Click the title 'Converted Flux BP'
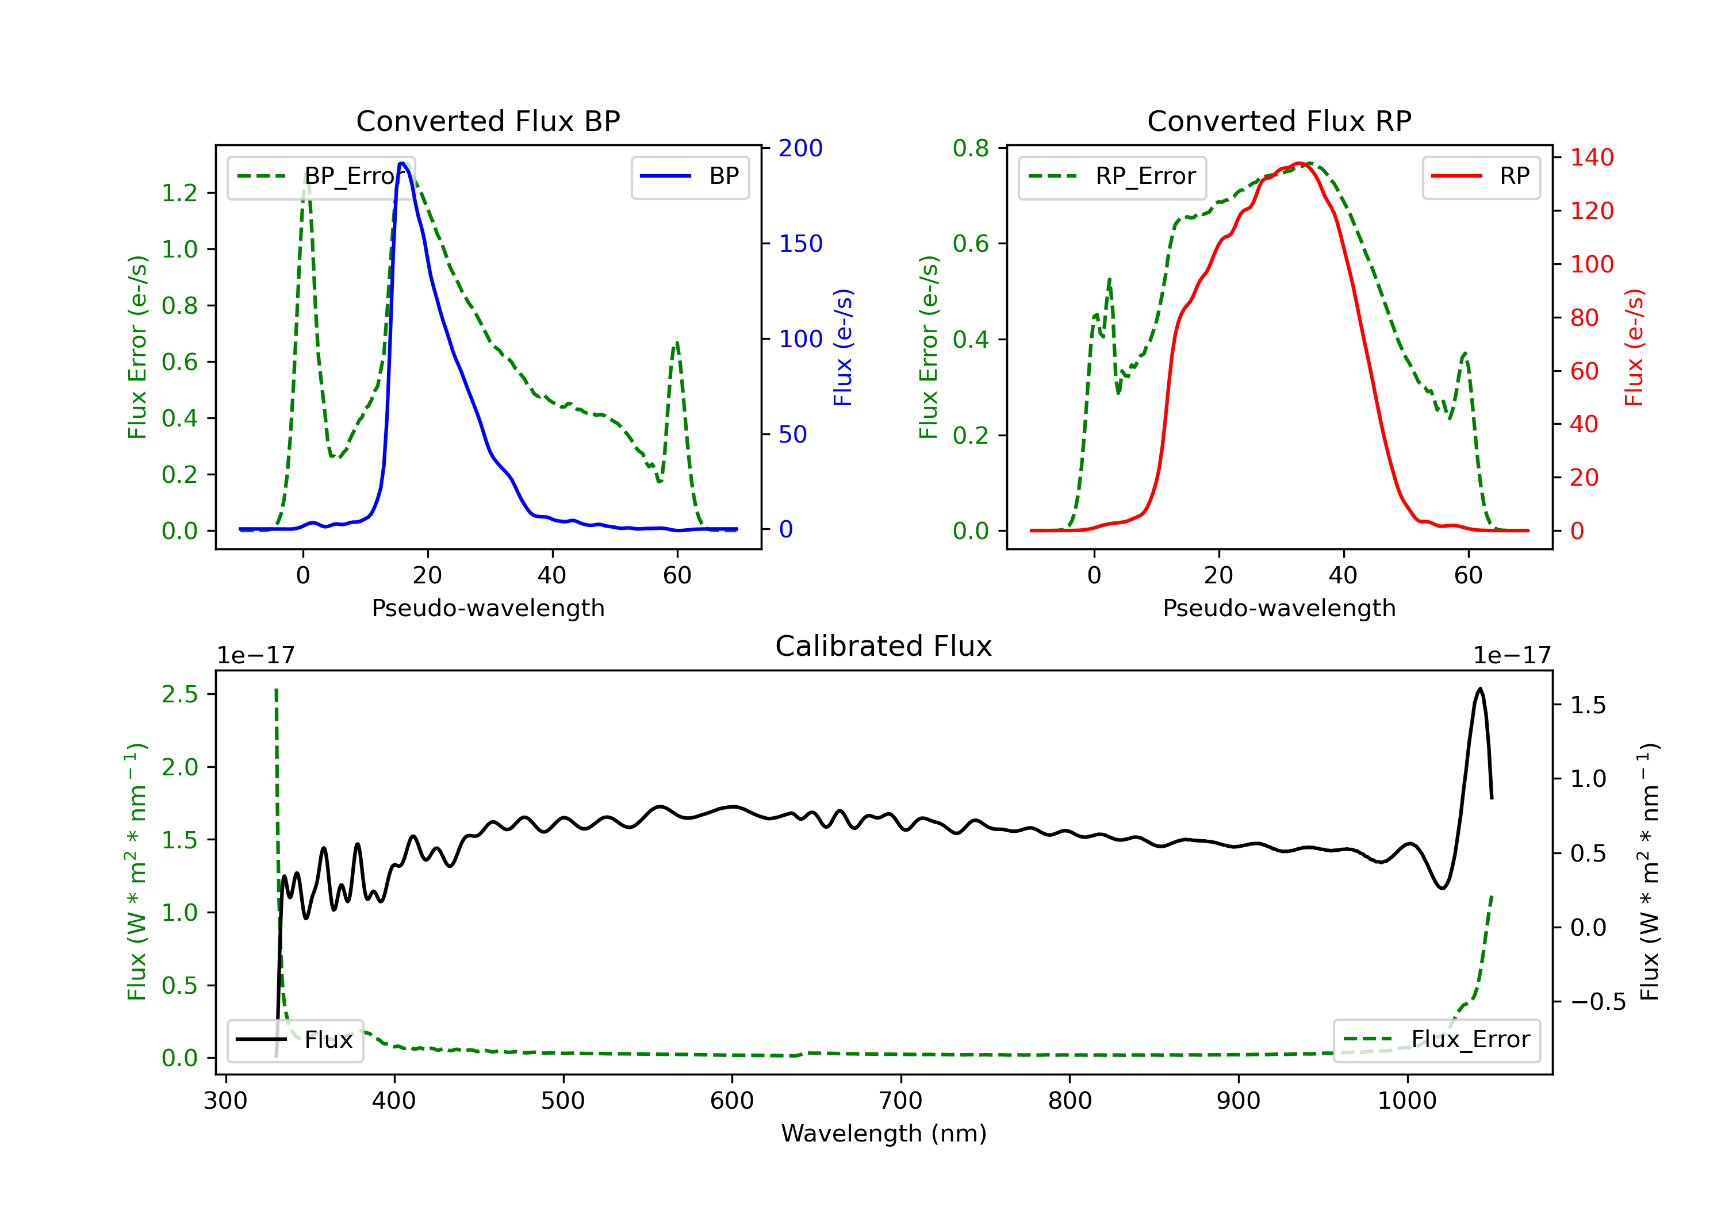(488, 121)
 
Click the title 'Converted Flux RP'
(1279, 121)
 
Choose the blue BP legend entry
(689, 176)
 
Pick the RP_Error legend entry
(1112, 176)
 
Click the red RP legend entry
(1481, 176)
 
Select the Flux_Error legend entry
(1436, 1040)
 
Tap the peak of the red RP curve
(1299, 163)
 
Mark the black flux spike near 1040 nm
(1479, 689)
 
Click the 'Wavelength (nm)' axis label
(884, 1133)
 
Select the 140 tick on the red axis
(1591, 157)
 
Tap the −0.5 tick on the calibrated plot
(1598, 1001)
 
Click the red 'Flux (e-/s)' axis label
(1634, 347)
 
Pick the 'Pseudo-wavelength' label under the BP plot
(488, 608)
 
